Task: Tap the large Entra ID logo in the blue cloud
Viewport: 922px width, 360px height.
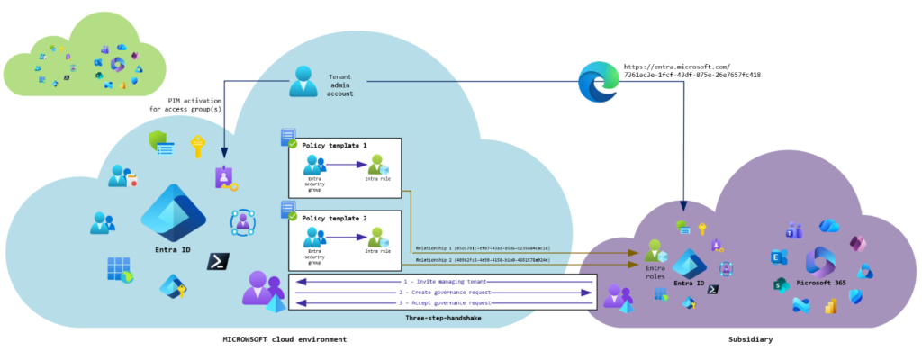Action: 173,212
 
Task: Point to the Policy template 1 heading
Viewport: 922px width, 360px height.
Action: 334,145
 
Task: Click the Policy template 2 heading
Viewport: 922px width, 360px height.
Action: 334,219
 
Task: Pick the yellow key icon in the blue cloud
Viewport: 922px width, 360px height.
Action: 197,144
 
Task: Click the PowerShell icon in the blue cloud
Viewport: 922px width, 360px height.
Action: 218,262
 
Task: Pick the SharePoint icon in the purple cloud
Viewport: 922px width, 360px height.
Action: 781,285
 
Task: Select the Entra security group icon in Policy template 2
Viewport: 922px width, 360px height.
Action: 314,238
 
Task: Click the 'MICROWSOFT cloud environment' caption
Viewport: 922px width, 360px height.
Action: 285,339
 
